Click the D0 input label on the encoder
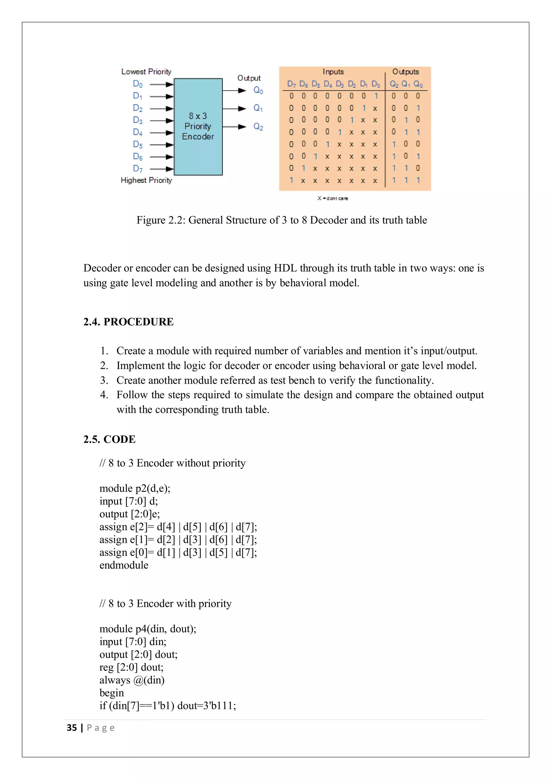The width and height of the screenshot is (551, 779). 137,84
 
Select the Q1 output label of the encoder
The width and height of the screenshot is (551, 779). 258,108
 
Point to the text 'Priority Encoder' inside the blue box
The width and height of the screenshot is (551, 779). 198,131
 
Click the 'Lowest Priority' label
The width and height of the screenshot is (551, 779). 146,72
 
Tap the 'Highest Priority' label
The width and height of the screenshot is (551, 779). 146,180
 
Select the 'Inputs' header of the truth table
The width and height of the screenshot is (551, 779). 333,72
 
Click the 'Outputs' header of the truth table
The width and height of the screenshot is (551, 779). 405,72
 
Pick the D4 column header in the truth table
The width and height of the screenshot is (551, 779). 328,84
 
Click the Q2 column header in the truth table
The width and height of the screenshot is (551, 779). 394,84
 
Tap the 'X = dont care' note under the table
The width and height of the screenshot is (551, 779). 333,198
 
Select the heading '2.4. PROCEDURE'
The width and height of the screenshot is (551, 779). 128,322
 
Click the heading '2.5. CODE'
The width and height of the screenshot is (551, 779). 109,439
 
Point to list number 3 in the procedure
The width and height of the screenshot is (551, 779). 104,380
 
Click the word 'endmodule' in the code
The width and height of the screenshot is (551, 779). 124,565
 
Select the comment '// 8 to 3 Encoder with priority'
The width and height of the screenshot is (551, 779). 165,604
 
